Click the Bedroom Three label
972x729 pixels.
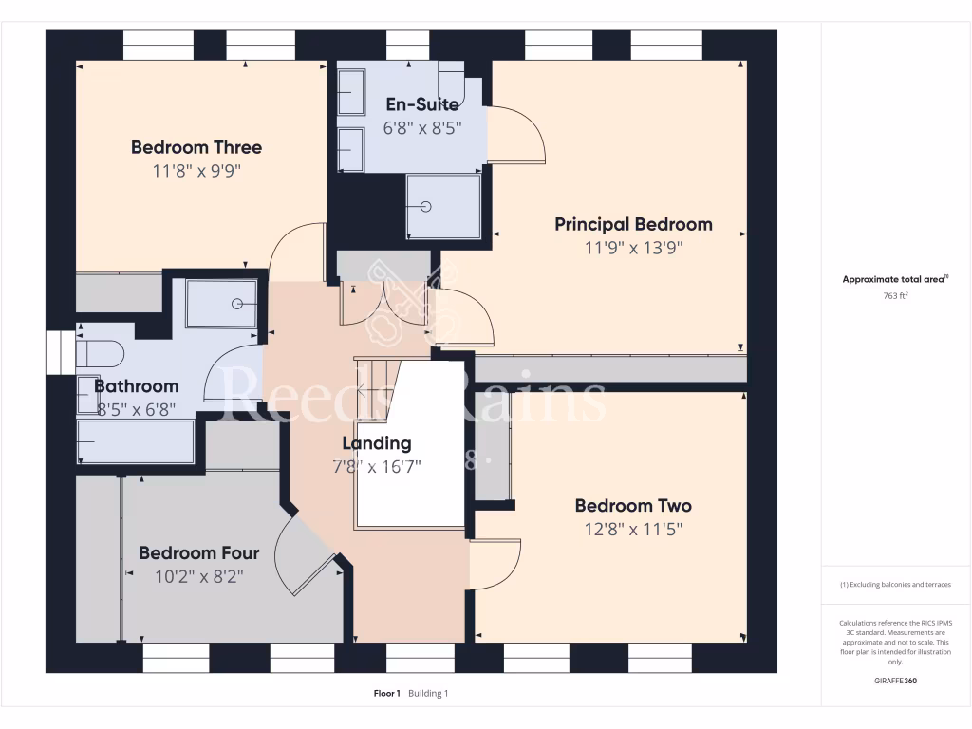point(196,147)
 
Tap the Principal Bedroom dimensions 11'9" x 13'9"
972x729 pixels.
point(633,248)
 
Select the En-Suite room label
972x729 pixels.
point(421,104)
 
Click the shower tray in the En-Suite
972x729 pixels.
point(442,206)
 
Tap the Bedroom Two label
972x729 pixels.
point(633,506)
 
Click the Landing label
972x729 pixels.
point(377,443)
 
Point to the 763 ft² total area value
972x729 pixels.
point(896,296)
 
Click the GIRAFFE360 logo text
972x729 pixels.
point(896,681)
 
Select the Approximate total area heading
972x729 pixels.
point(895,279)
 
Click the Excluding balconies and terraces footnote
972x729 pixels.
point(895,585)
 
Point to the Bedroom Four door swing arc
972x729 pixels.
point(302,560)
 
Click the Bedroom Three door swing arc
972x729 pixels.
point(296,252)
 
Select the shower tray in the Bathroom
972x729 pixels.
point(221,304)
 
